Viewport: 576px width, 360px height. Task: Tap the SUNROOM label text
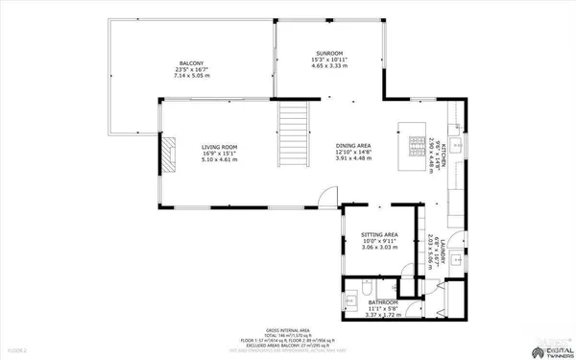(x=330, y=53)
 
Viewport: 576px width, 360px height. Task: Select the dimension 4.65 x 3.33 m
(x=330, y=68)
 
